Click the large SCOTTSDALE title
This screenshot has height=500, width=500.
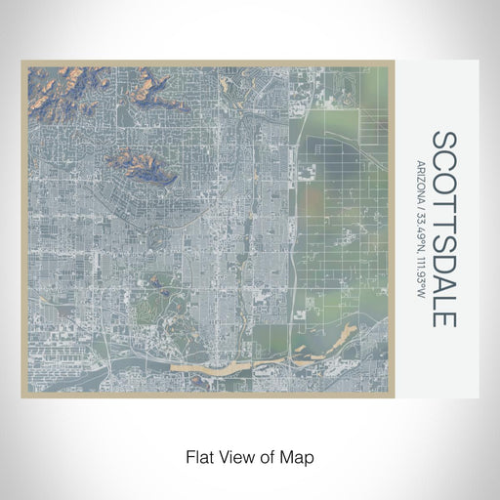[441, 229]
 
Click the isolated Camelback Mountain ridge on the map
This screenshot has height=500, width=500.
[142, 166]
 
